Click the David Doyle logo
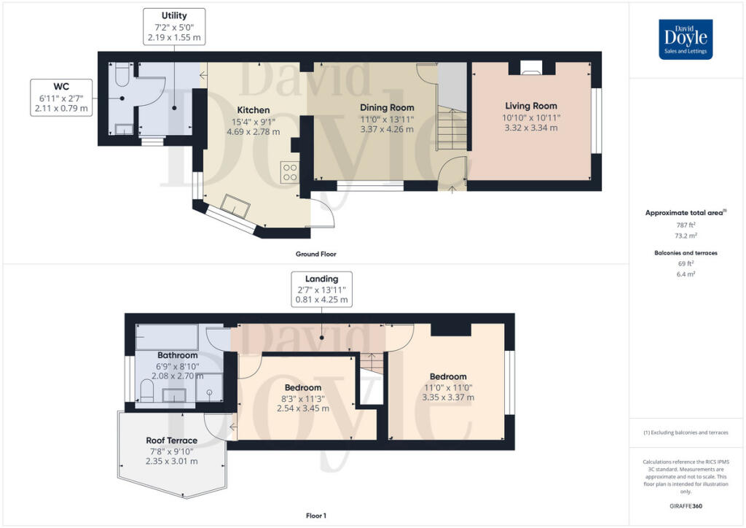[686, 39]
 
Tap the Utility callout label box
[174, 26]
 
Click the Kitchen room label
[253, 110]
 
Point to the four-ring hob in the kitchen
[290, 172]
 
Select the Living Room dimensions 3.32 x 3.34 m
[530, 128]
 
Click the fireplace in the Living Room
[530, 69]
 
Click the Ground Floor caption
[316, 254]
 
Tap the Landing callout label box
[321, 289]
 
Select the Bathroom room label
[178, 355]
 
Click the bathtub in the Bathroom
[167, 337]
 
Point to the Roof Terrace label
[171, 440]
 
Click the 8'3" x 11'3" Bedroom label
[302, 387]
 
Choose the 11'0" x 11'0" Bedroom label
[448, 377]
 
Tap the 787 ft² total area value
[681, 226]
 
